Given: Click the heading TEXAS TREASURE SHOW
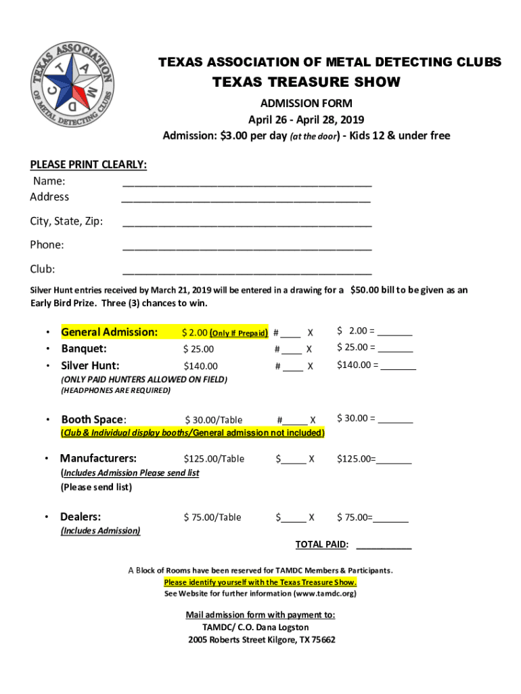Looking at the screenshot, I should [x=307, y=83].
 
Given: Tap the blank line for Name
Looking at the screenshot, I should [x=247, y=184].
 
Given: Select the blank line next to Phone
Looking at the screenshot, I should [x=247, y=248].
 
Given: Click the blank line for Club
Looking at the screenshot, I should [x=247, y=272].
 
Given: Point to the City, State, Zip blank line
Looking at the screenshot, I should [x=247, y=224].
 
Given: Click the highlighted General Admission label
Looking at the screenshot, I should [x=110, y=332].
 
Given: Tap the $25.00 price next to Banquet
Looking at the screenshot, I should [x=198, y=349].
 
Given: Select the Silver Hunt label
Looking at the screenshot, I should [x=91, y=366].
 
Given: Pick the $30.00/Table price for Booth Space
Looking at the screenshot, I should [x=214, y=420].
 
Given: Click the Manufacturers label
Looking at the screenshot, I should [x=99, y=458].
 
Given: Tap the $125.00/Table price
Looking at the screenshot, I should [x=213, y=459].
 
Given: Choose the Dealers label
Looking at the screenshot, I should [x=81, y=517].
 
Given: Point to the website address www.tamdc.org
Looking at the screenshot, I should [x=323, y=594].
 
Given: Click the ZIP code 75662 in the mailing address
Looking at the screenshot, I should [x=323, y=640].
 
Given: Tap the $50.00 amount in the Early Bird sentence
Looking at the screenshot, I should [x=365, y=290].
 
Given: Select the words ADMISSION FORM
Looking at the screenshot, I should [x=307, y=104].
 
